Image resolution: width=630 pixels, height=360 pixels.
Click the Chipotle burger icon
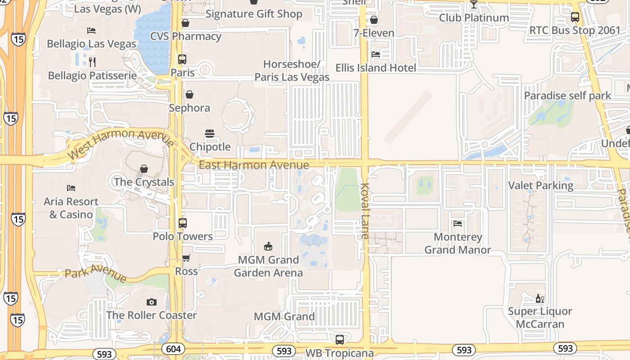click(x=210, y=133)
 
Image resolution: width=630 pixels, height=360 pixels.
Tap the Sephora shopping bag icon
click(x=189, y=94)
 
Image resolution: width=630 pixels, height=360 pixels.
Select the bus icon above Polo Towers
click(x=183, y=223)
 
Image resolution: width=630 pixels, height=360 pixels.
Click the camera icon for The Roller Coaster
click(x=152, y=302)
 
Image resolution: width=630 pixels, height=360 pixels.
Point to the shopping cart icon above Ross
click(x=186, y=258)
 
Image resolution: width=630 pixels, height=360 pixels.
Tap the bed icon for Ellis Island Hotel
click(x=376, y=54)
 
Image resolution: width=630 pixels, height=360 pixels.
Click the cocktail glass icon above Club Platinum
click(x=473, y=4)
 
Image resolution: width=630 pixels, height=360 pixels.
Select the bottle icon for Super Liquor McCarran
click(x=540, y=298)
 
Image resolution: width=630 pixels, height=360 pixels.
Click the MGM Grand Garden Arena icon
click(x=268, y=246)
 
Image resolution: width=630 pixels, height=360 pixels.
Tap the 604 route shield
click(x=173, y=349)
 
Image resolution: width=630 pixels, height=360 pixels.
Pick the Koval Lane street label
click(x=364, y=211)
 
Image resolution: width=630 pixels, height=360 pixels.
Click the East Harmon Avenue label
click(x=254, y=165)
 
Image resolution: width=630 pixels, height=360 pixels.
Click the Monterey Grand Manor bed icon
click(x=458, y=223)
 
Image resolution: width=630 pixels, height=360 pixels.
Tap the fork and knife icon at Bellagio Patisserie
click(x=92, y=62)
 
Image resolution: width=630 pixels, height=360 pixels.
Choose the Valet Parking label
click(x=540, y=185)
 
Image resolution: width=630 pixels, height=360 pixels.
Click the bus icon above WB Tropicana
click(x=340, y=339)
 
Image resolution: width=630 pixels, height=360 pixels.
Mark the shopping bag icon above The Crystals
click(x=144, y=169)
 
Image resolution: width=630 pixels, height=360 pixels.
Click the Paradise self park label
click(x=567, y=95)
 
